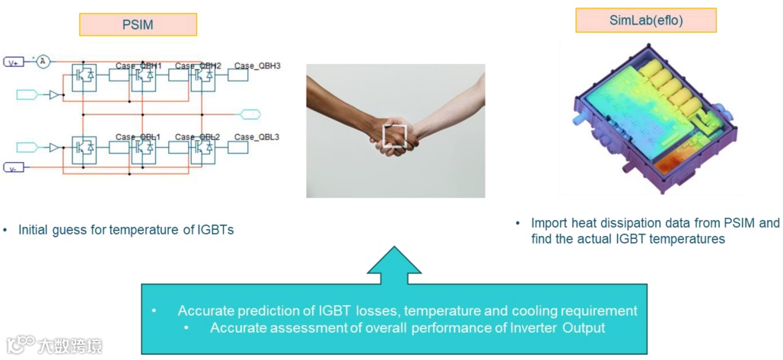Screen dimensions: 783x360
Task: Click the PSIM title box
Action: point(138,24)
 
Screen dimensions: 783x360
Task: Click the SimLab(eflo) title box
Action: point(646,20)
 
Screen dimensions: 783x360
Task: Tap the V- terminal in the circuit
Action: point(14,167)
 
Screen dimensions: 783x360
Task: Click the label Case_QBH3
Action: point(257,66)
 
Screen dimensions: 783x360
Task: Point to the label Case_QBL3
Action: point(257,137)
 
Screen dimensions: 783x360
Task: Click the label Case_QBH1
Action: point(138,66)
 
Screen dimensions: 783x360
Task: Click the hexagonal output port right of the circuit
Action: point(250,115)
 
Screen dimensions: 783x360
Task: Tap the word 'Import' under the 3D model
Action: point(550,223)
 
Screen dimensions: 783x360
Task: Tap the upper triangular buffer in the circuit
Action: point(54,95)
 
